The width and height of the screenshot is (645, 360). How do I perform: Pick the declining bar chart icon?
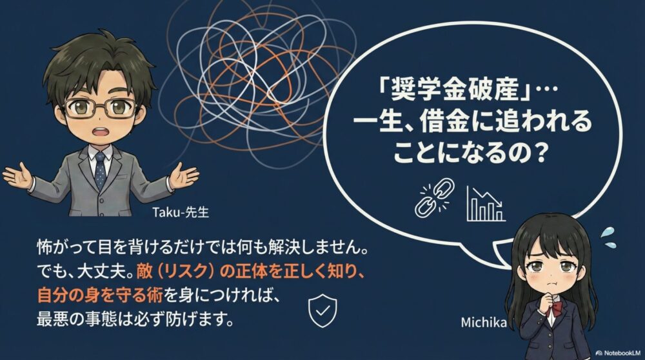tap(486, 203)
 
